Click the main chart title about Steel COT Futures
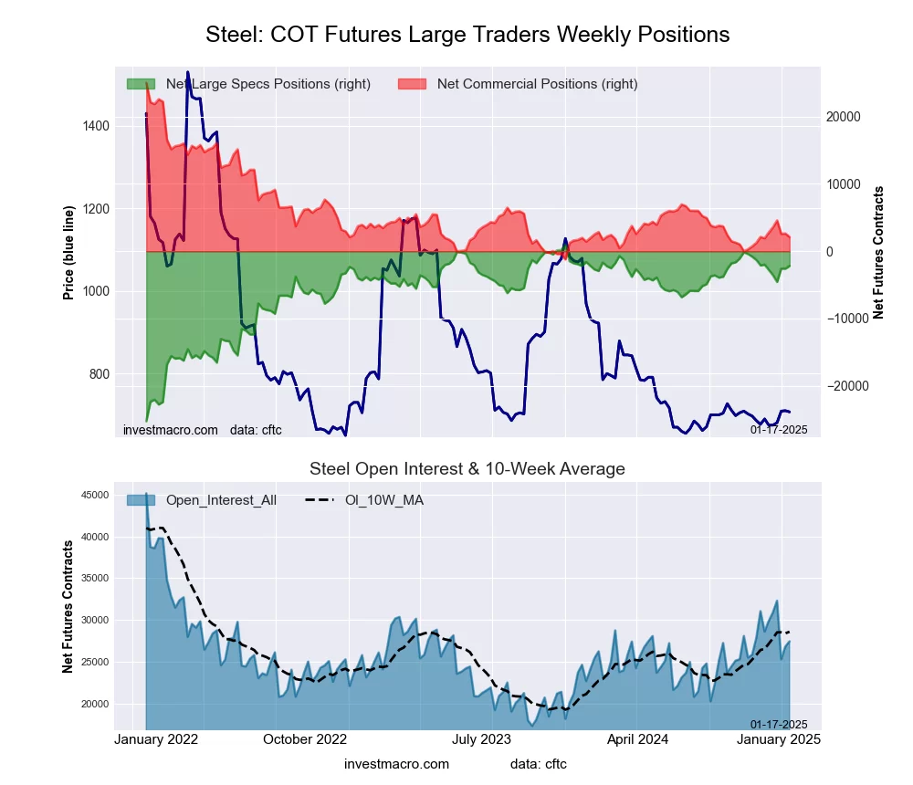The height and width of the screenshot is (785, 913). point(467,35)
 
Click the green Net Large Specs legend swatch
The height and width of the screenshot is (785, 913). point(141,84)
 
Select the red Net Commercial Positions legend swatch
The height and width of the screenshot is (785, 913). point(412,84)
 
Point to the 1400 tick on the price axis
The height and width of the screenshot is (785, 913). point(95,126)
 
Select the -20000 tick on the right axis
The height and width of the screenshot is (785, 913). point(847,386)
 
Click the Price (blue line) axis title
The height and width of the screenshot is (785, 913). point(68,252)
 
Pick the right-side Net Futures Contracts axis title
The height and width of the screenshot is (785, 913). point(878,252)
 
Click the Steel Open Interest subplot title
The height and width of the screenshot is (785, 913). point(467,469)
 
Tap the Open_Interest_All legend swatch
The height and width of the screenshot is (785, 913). point(141,500)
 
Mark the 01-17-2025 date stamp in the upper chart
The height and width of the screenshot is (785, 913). point(779,429)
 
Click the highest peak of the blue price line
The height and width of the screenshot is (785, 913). point(188,72)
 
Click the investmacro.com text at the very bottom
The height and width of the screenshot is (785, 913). point(396,764)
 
